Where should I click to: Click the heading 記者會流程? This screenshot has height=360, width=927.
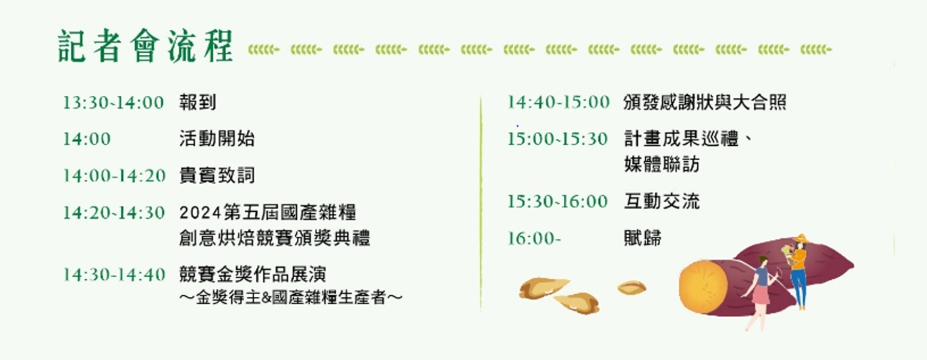coord(145,46)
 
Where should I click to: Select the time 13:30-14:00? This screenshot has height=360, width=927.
coord(113,102)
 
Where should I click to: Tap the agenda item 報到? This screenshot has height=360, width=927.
coord(198,102)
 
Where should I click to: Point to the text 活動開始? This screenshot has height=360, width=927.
coord(216,139)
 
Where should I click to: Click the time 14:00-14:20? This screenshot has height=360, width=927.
coord(114,176)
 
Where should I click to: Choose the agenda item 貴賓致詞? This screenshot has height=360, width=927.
coord(216,175)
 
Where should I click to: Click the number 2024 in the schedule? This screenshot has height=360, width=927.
coord(200,213)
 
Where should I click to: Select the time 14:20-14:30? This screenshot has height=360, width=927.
coord(114,213)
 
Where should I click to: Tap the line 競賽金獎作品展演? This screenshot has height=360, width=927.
coord(253,274)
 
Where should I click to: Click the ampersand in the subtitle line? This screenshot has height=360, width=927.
coord(267,298)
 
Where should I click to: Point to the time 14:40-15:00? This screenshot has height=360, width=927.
coord(558,102)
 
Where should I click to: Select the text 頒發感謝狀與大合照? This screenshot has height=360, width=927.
coord(705,102)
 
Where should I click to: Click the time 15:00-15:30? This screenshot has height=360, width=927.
coord(558,139)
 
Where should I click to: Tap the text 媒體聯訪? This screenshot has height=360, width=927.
coord(661,165)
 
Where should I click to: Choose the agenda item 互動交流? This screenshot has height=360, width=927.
coord(661,202)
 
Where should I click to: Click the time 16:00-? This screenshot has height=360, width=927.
coord(534,238)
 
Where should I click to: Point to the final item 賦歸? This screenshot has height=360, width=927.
coord(643,238)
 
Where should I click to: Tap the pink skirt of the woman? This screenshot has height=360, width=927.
coord(761,295)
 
